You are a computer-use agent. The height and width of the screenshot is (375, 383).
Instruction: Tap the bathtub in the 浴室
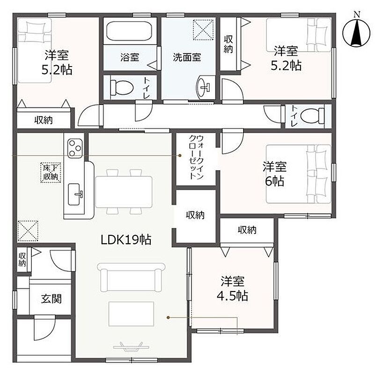pos(129,31)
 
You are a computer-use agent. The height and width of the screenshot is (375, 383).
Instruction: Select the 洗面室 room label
pos(187,57)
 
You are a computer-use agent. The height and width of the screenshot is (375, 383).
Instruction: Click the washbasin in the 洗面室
pos(203,87)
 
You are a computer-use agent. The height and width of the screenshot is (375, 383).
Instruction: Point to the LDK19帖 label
pos(126,240)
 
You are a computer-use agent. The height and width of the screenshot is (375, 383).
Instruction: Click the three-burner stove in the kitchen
pos(74,148)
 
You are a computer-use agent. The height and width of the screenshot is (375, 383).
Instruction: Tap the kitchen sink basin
pos(74,194)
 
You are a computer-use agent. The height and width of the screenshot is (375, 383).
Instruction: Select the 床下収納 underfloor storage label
pos(51,172)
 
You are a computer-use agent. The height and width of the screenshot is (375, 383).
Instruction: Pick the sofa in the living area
pos(131,277)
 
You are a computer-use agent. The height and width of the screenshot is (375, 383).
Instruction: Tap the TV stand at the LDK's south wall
pos(132,346)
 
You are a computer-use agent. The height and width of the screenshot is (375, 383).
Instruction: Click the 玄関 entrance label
pos(52,299)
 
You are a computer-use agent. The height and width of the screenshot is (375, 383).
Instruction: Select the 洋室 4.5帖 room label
pos(233,289)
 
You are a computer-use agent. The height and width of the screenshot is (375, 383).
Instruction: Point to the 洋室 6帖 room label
pos(274,174)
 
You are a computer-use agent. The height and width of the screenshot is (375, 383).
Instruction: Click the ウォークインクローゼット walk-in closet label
pos(196,157)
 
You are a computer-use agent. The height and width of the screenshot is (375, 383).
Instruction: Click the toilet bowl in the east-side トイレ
pos(312,115)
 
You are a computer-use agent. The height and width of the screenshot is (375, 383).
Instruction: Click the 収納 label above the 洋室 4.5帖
pos(247,230)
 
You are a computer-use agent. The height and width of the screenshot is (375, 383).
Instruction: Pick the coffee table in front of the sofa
pos(131,314)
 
